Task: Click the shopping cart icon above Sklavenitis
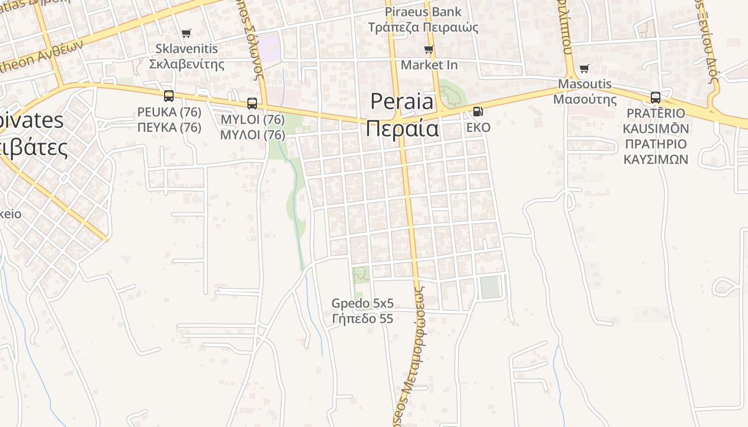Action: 186,34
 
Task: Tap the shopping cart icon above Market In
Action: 428,50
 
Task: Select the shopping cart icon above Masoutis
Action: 585,69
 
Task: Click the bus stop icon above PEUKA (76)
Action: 169,96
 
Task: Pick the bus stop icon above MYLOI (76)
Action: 252,104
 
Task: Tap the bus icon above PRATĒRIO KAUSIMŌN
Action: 656,98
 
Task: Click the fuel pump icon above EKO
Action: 478,112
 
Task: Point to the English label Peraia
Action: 402,101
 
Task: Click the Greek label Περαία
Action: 403,129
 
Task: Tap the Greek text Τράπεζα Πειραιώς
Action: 423,27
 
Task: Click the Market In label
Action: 429,65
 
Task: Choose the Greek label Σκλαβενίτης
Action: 186,64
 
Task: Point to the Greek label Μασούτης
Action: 585,100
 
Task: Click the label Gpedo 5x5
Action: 362,304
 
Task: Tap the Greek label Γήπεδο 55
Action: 362,319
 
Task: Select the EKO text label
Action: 478,128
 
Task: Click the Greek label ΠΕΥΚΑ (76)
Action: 169,128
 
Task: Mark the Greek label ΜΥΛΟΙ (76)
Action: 252,135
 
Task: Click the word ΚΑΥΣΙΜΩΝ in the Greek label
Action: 656,159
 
